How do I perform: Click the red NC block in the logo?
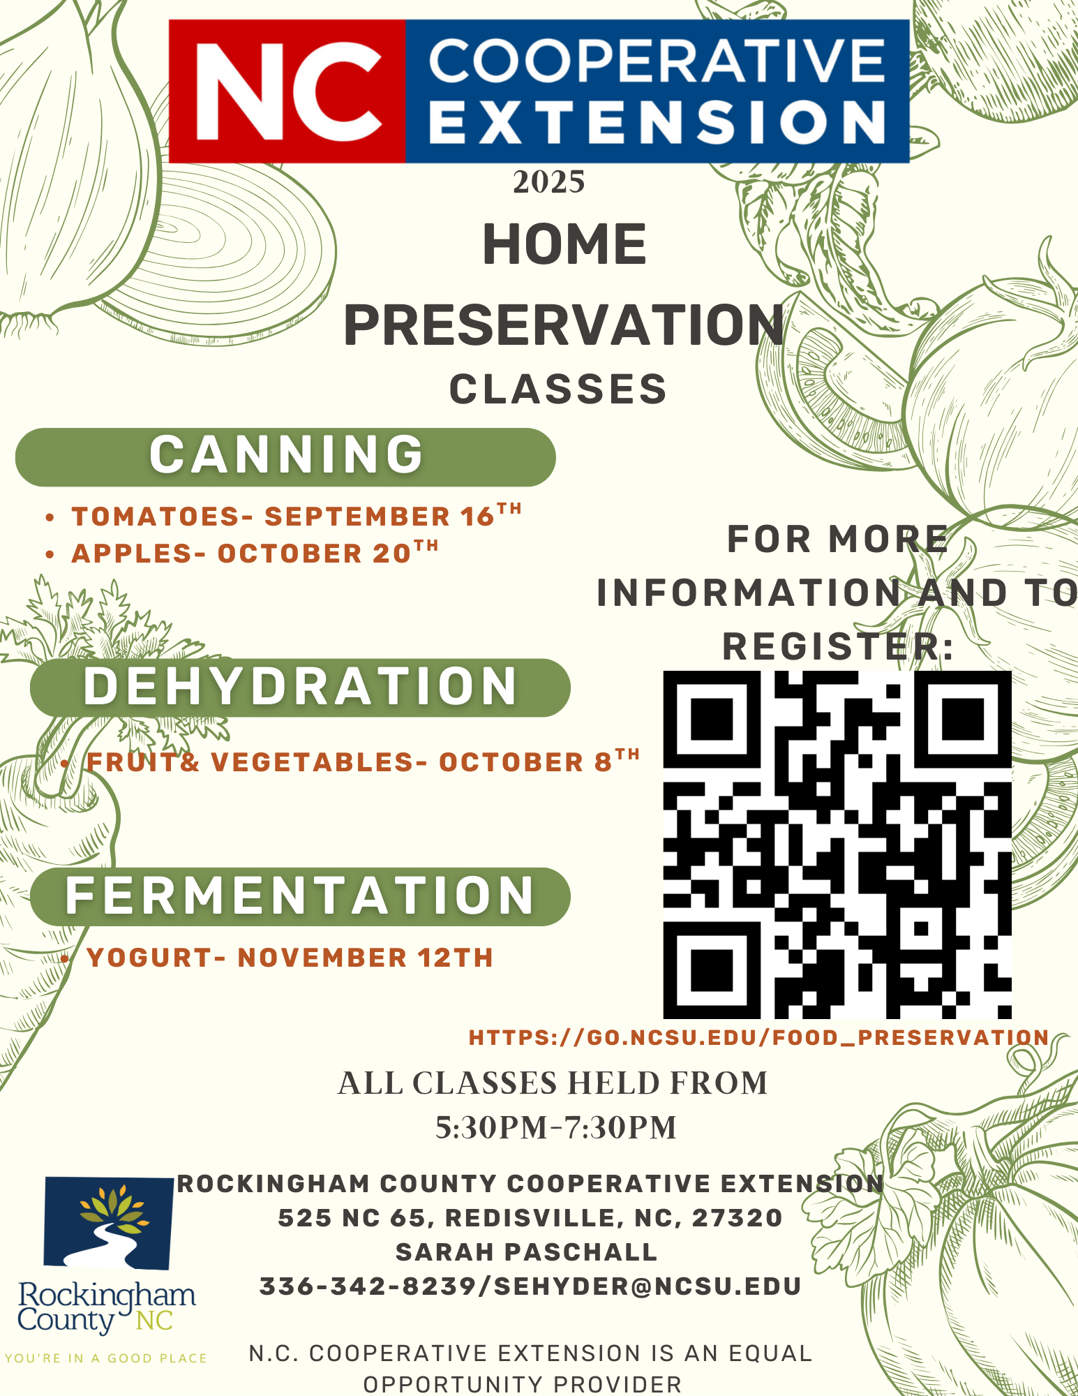click(x=287, y=91)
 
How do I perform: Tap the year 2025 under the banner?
click(x=549, y=183)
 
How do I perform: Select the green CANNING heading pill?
click(x=285, y=456)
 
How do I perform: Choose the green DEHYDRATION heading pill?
click(x=300, y=688)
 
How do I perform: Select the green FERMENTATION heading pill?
click(x=300, y=897)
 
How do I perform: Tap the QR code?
click(x=837, y=845)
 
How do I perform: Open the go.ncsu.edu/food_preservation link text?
click(x=759, y=1038)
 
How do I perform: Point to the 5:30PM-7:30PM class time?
click(x=556, y=1127)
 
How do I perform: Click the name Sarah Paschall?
click(x=527, y=1252)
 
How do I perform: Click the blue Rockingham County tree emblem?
click(x=108, y=1224)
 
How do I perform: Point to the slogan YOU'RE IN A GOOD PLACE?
click(x=106, y=1358)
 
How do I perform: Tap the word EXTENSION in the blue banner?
click(x=657, y=122)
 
